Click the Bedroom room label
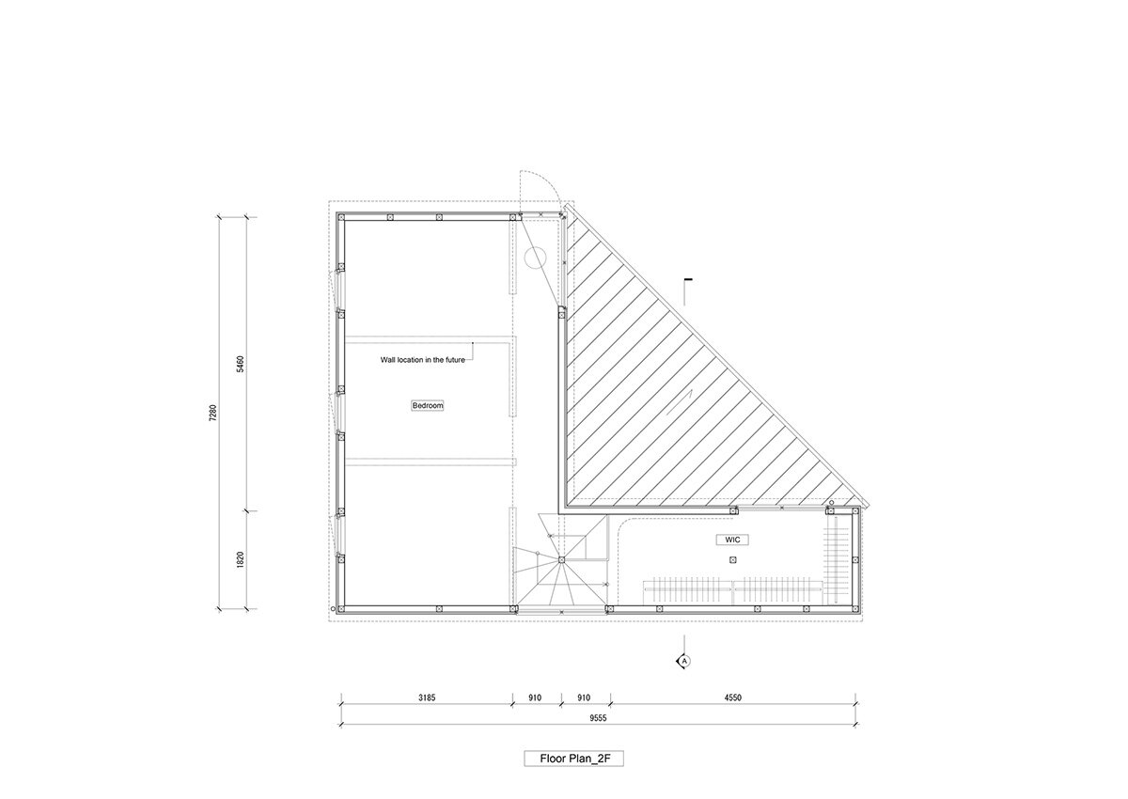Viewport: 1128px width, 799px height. pos(428,405)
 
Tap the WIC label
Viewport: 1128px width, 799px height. pos(732,540)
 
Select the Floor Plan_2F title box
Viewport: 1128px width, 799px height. pos(574,759)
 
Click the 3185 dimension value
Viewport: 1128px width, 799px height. pos(427,697)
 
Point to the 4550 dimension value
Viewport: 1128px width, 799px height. pos(732,697)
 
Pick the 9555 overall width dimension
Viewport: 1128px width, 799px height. pos(598,718)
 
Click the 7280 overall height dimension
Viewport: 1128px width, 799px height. pos(212,413)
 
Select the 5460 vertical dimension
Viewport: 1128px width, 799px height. pos(241,364)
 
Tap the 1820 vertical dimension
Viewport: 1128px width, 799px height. pos(241,560)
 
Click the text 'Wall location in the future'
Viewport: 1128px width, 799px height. pos(422,360)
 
